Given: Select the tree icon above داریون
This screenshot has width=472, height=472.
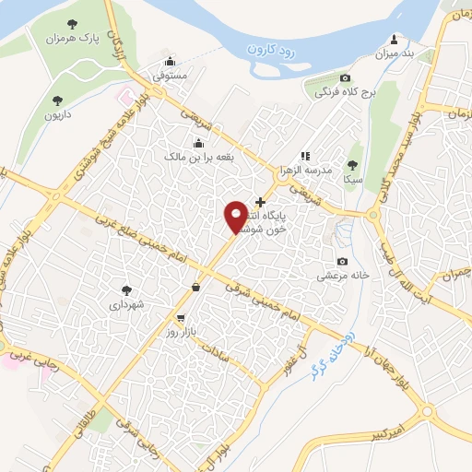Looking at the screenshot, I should point(57,99).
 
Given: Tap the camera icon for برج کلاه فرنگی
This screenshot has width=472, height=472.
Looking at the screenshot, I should point(345,78).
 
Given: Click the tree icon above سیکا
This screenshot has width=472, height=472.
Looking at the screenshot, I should point(351,165).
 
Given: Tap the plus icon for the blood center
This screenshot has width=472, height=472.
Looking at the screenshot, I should point(260,202).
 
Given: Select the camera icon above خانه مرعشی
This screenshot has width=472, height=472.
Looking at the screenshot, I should point(343,262).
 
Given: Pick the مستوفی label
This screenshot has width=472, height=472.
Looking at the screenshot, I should point(168,74).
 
